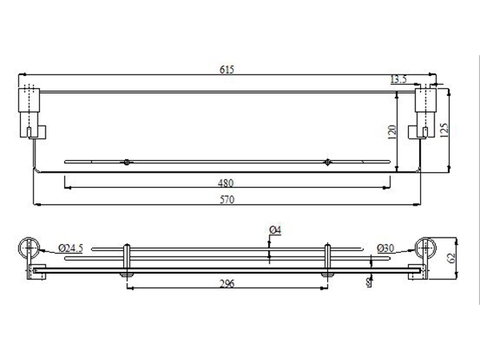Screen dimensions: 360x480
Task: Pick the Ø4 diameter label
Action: tap(275, 232)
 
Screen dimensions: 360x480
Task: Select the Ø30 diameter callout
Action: tap(385, 247)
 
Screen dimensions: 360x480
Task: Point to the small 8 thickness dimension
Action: tap(369, 282)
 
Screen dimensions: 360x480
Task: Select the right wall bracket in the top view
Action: tap(427, 109)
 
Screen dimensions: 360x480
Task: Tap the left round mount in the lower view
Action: tap(31, 249)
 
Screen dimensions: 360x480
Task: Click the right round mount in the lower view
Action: tap(427, 249)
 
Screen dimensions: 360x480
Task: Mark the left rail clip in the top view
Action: tap(126, 160)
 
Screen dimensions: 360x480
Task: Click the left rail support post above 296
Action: tap(126, 258)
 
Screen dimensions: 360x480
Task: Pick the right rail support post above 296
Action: tap(327, 258)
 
